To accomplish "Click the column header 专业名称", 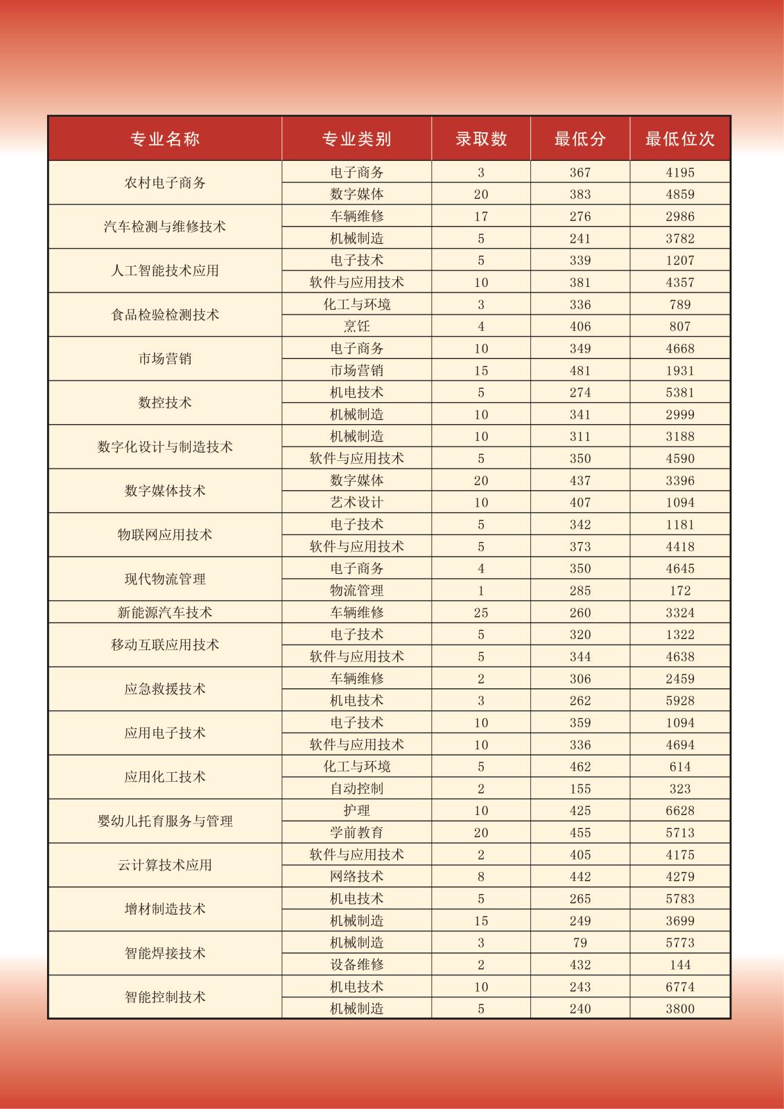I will pos(165,139).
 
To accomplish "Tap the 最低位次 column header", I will pos(679,139).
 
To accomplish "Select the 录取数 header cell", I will pos(481,139).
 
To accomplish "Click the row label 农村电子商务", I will pos(165,183).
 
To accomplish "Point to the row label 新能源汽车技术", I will pos(165,613).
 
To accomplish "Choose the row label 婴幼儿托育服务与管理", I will pos(165,821).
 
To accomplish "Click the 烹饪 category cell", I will pos(356,326).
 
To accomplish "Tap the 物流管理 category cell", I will pos(356,591).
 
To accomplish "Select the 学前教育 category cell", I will pos(356,832).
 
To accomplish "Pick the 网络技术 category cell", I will pos(356,877).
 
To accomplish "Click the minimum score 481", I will pos(580,371).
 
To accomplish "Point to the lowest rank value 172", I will pos(680,591).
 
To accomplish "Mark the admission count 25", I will pos(481,613).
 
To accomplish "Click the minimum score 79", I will pos(580,943).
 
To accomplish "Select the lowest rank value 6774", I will pos(680,987).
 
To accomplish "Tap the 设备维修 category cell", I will pos(356,965).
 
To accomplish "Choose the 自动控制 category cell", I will pos(356,789).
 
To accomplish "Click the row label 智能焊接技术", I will pos(165,954).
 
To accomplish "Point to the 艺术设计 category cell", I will pos(356,503).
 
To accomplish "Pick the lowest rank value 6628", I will pos(680,811).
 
